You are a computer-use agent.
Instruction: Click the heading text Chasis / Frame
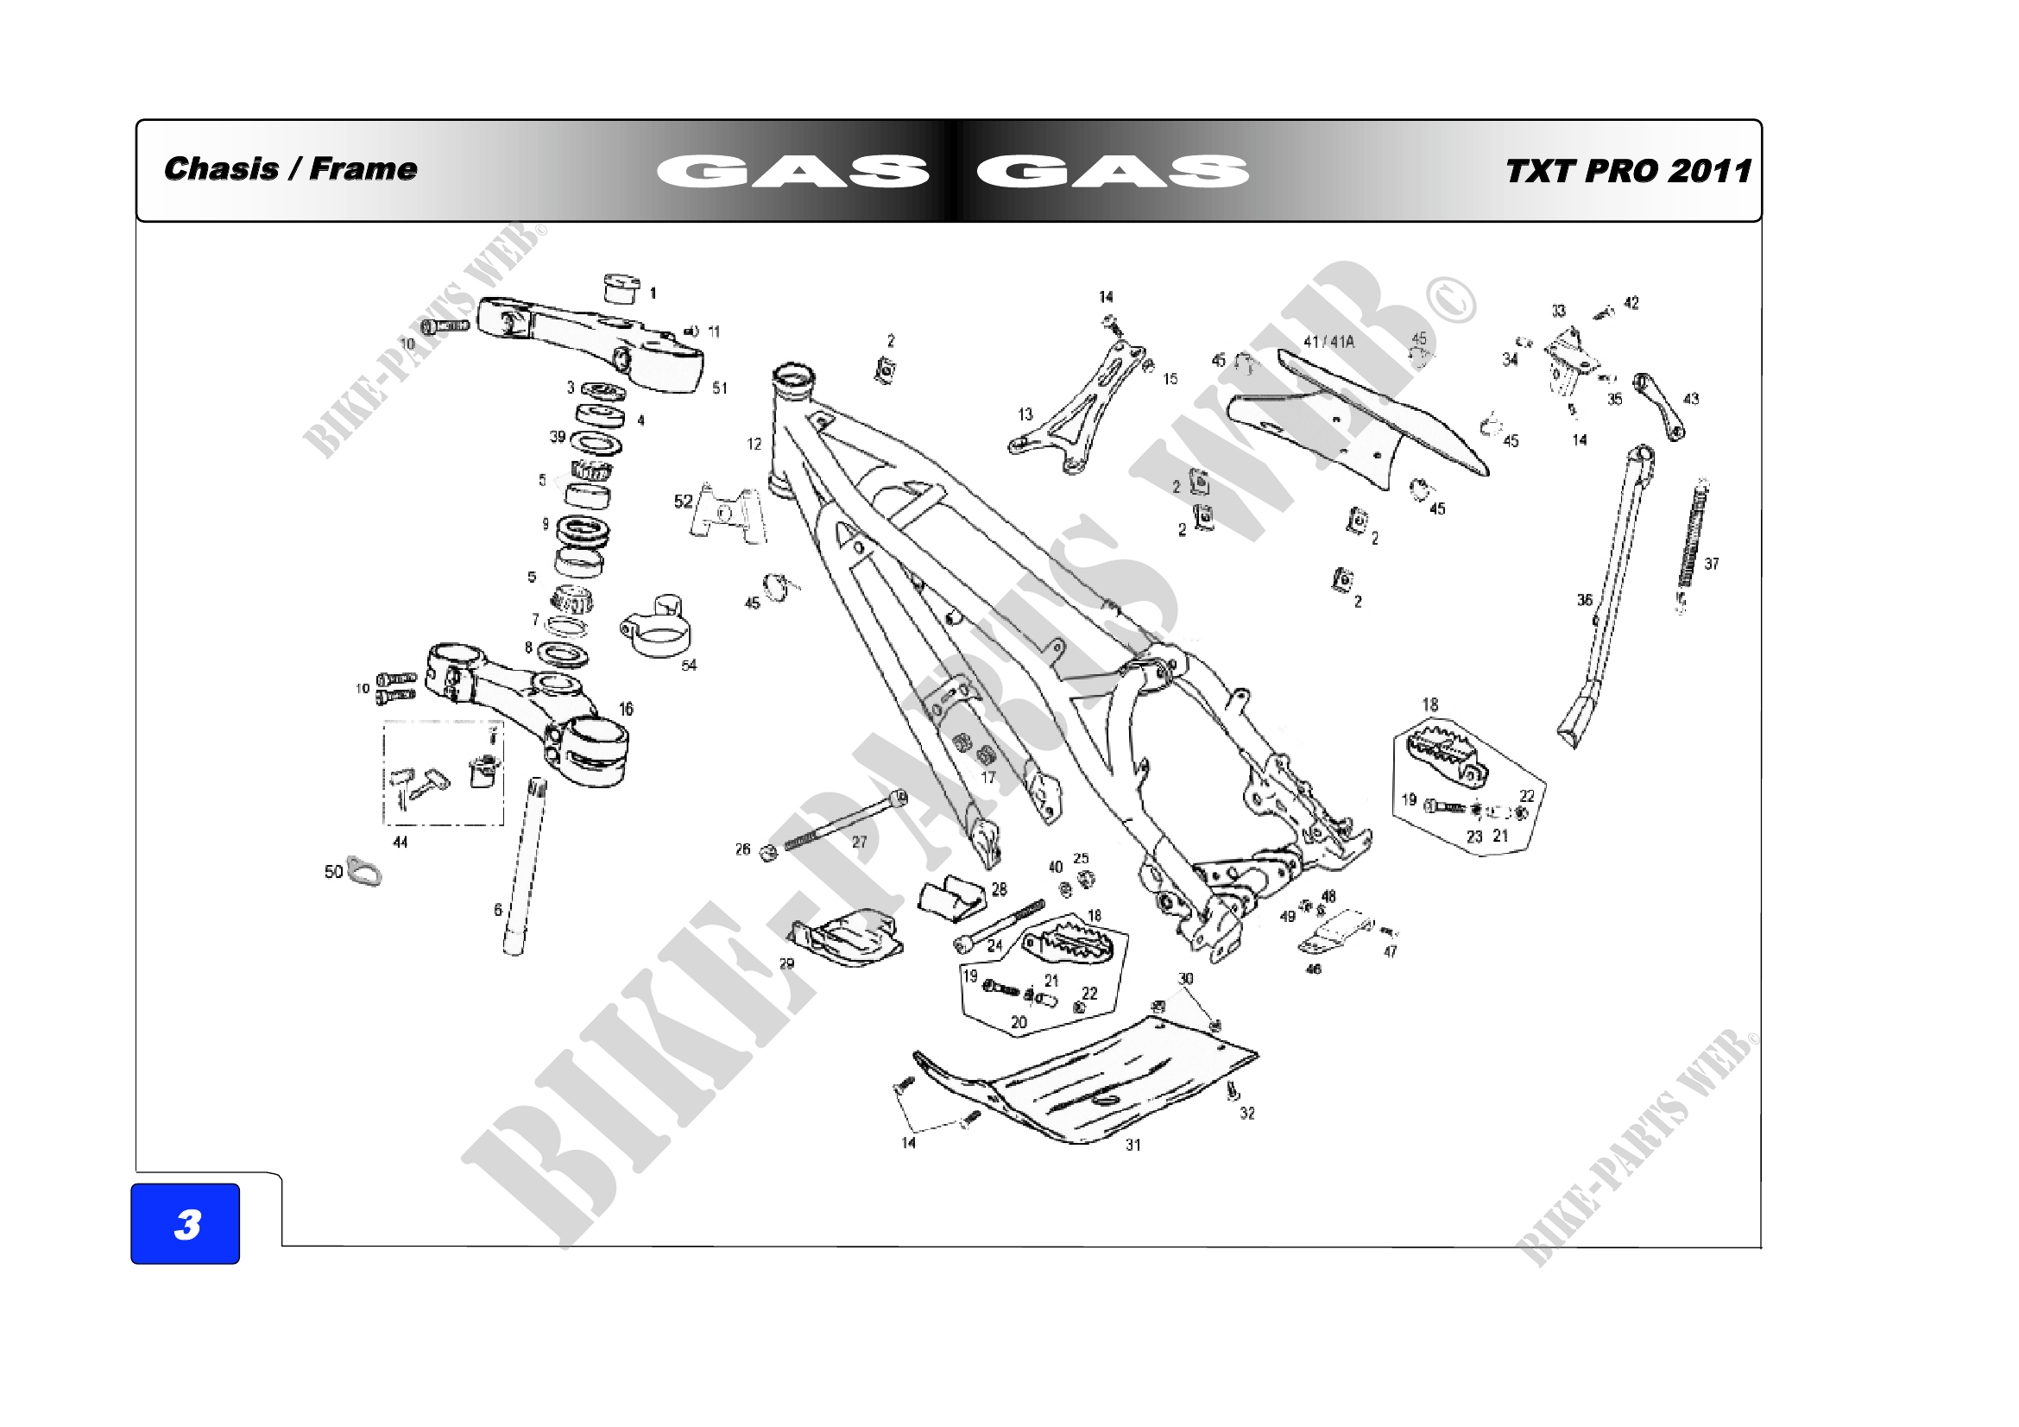290,169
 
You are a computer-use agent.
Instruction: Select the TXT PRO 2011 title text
1628,171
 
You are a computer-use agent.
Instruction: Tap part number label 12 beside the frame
754,444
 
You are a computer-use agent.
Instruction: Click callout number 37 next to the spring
1711,564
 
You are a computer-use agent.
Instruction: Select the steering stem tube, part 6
524,866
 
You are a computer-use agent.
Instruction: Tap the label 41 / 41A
1328,341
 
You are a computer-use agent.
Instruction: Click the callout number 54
689,666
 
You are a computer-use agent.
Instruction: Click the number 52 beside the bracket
684,502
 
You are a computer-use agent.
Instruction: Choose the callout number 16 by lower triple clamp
625,709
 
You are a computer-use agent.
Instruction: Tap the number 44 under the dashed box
401,843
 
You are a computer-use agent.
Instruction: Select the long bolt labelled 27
844,819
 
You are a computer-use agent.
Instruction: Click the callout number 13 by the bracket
1025,414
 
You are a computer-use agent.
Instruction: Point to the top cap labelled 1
621,287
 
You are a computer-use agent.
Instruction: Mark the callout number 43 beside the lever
1691,399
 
